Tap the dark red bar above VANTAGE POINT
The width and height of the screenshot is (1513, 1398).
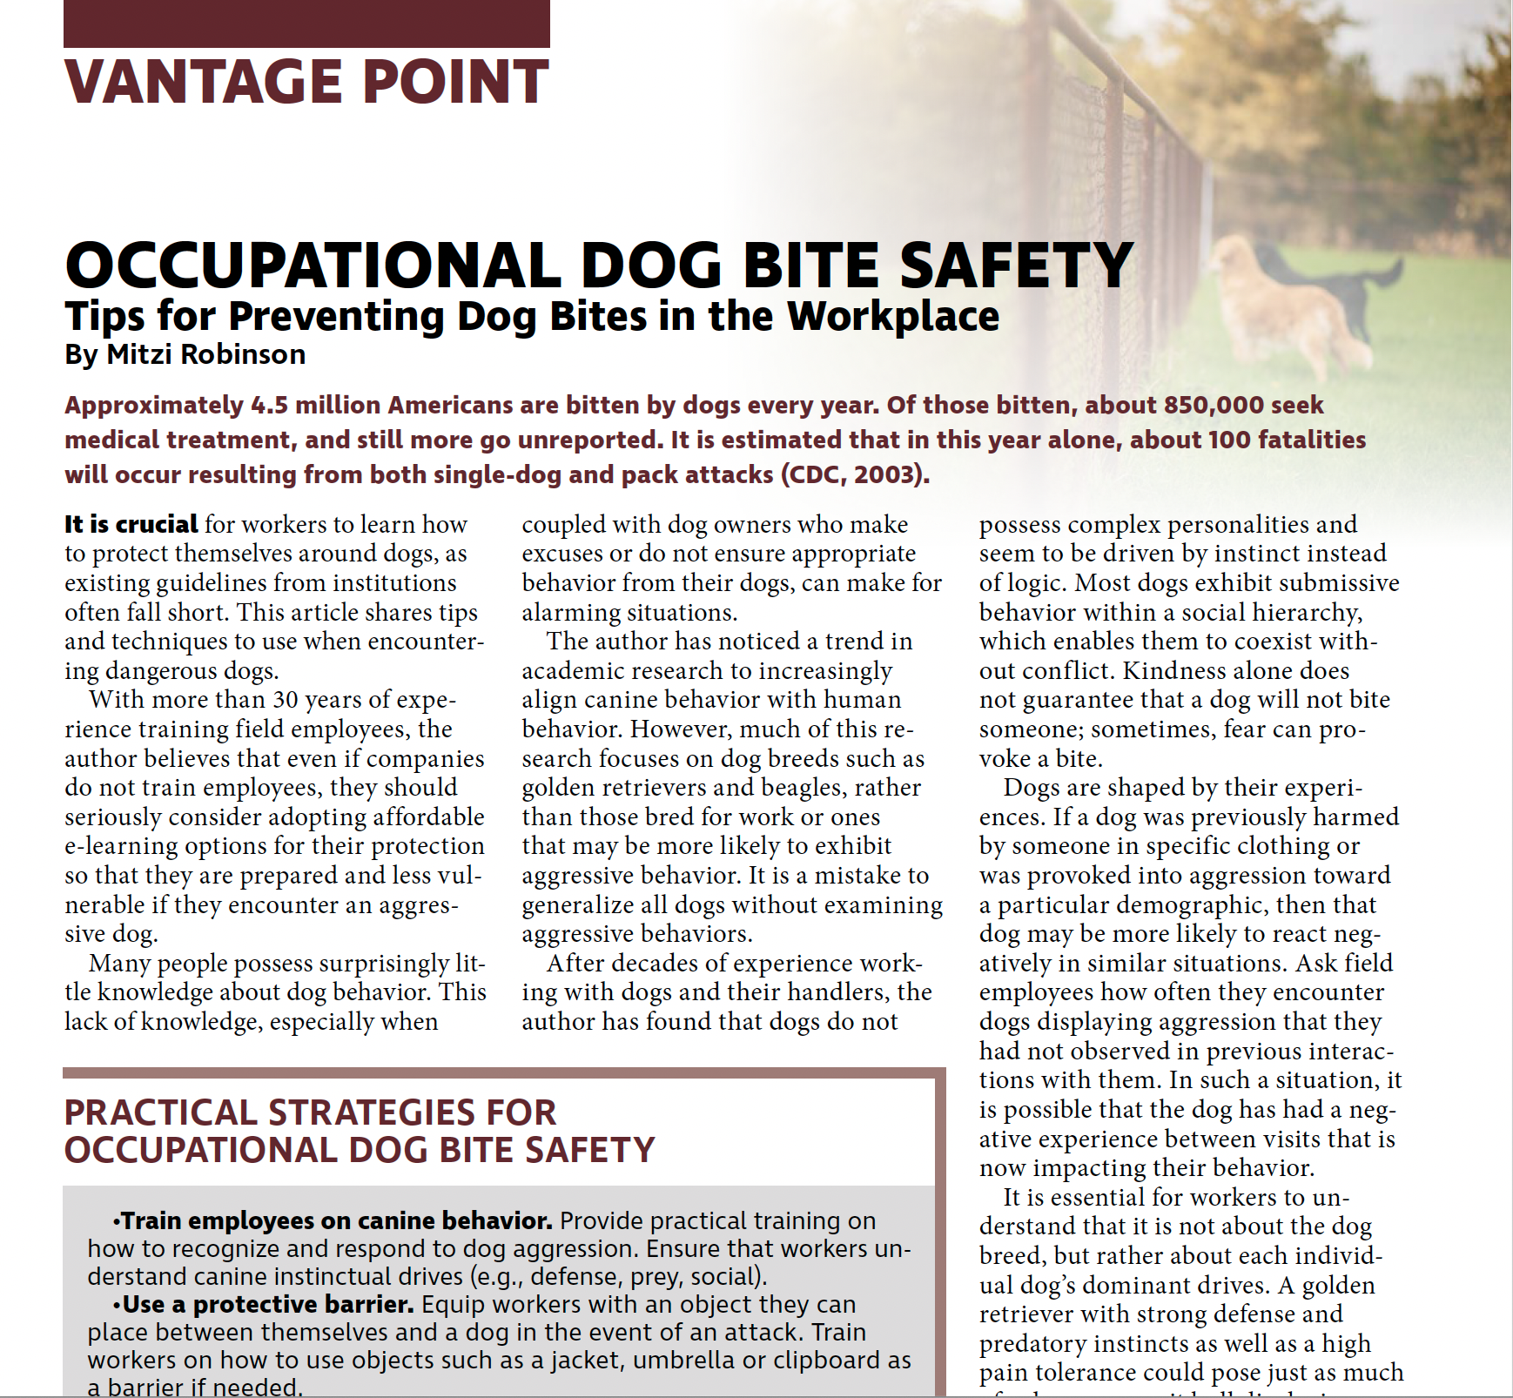pyautogui.click(x=306, y=24)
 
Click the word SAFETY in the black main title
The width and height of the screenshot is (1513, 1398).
pyautogui.click(x=1016, y=265)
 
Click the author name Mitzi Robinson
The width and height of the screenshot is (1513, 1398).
pyautogui.click(x=205, y=354)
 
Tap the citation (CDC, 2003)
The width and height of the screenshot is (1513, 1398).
pyautogui.click(x=855, y=475)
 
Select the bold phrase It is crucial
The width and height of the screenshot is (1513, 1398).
pyautogui.click(x=131, y=524)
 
